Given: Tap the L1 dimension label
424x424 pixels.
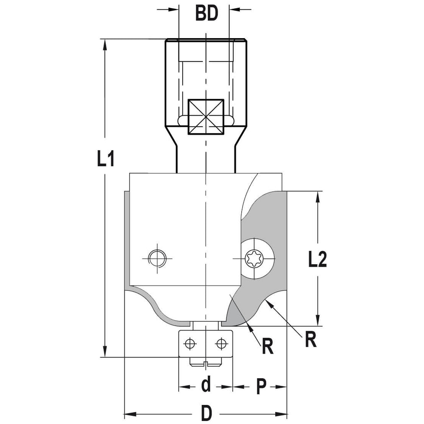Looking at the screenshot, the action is click(x=106, y=158).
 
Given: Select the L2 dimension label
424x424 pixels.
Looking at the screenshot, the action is click(x=318, y=259).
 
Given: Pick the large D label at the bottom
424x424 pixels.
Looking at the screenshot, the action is click(x=206, y=413).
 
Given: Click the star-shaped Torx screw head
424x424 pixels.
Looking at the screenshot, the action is click(x=254, y=259).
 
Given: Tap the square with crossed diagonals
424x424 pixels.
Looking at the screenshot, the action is click(x=206, y=117).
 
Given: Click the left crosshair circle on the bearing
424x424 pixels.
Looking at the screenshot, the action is click(x=190, y=344).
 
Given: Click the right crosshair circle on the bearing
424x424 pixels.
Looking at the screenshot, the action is click(x=221, y=344).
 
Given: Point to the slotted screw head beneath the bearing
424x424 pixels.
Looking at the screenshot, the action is click(x=206, y=362).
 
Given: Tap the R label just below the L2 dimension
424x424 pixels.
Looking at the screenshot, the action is click(x=311, y=340).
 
